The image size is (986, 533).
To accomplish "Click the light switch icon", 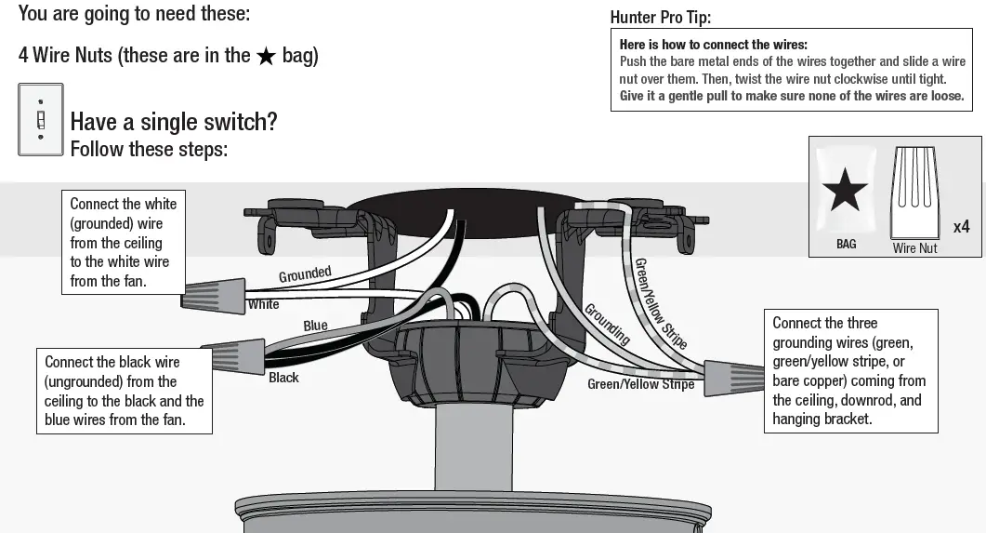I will [x=40, y=119].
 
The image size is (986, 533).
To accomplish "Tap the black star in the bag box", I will [x=845, y=191].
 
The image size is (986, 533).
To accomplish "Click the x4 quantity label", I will [x=961, y=226].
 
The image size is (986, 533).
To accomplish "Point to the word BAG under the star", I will [x=846, y=244].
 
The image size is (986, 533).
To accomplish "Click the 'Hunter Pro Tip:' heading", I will [x=660, y=18].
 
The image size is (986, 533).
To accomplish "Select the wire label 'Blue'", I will [x=315, y=326].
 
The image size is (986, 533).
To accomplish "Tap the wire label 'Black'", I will [x=283, y=378].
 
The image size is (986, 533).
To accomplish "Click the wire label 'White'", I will [x=263, y=304].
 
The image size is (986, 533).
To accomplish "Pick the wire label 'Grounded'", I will [x=305, y=274].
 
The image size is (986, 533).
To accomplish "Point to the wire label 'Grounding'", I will [x=607, y=324].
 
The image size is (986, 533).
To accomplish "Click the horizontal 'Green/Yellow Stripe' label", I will [x=640, y=384].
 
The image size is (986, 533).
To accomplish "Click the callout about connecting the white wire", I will [x=123, y=242].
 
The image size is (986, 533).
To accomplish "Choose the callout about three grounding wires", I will [x=849, y=371].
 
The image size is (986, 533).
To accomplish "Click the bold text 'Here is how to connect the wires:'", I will [x=713, y=45].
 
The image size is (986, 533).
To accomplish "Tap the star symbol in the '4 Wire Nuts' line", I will [x=266, y=56].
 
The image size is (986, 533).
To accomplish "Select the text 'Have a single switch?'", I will [x=174, y=122].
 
